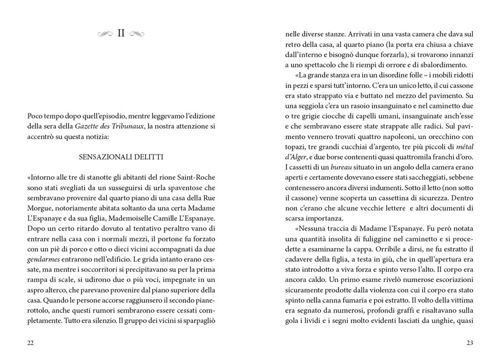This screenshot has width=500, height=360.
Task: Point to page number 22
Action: [x=31, y=342]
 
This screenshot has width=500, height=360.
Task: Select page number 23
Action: [x=469, y=342]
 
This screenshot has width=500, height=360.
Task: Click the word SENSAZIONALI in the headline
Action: [x=103, y=157]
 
